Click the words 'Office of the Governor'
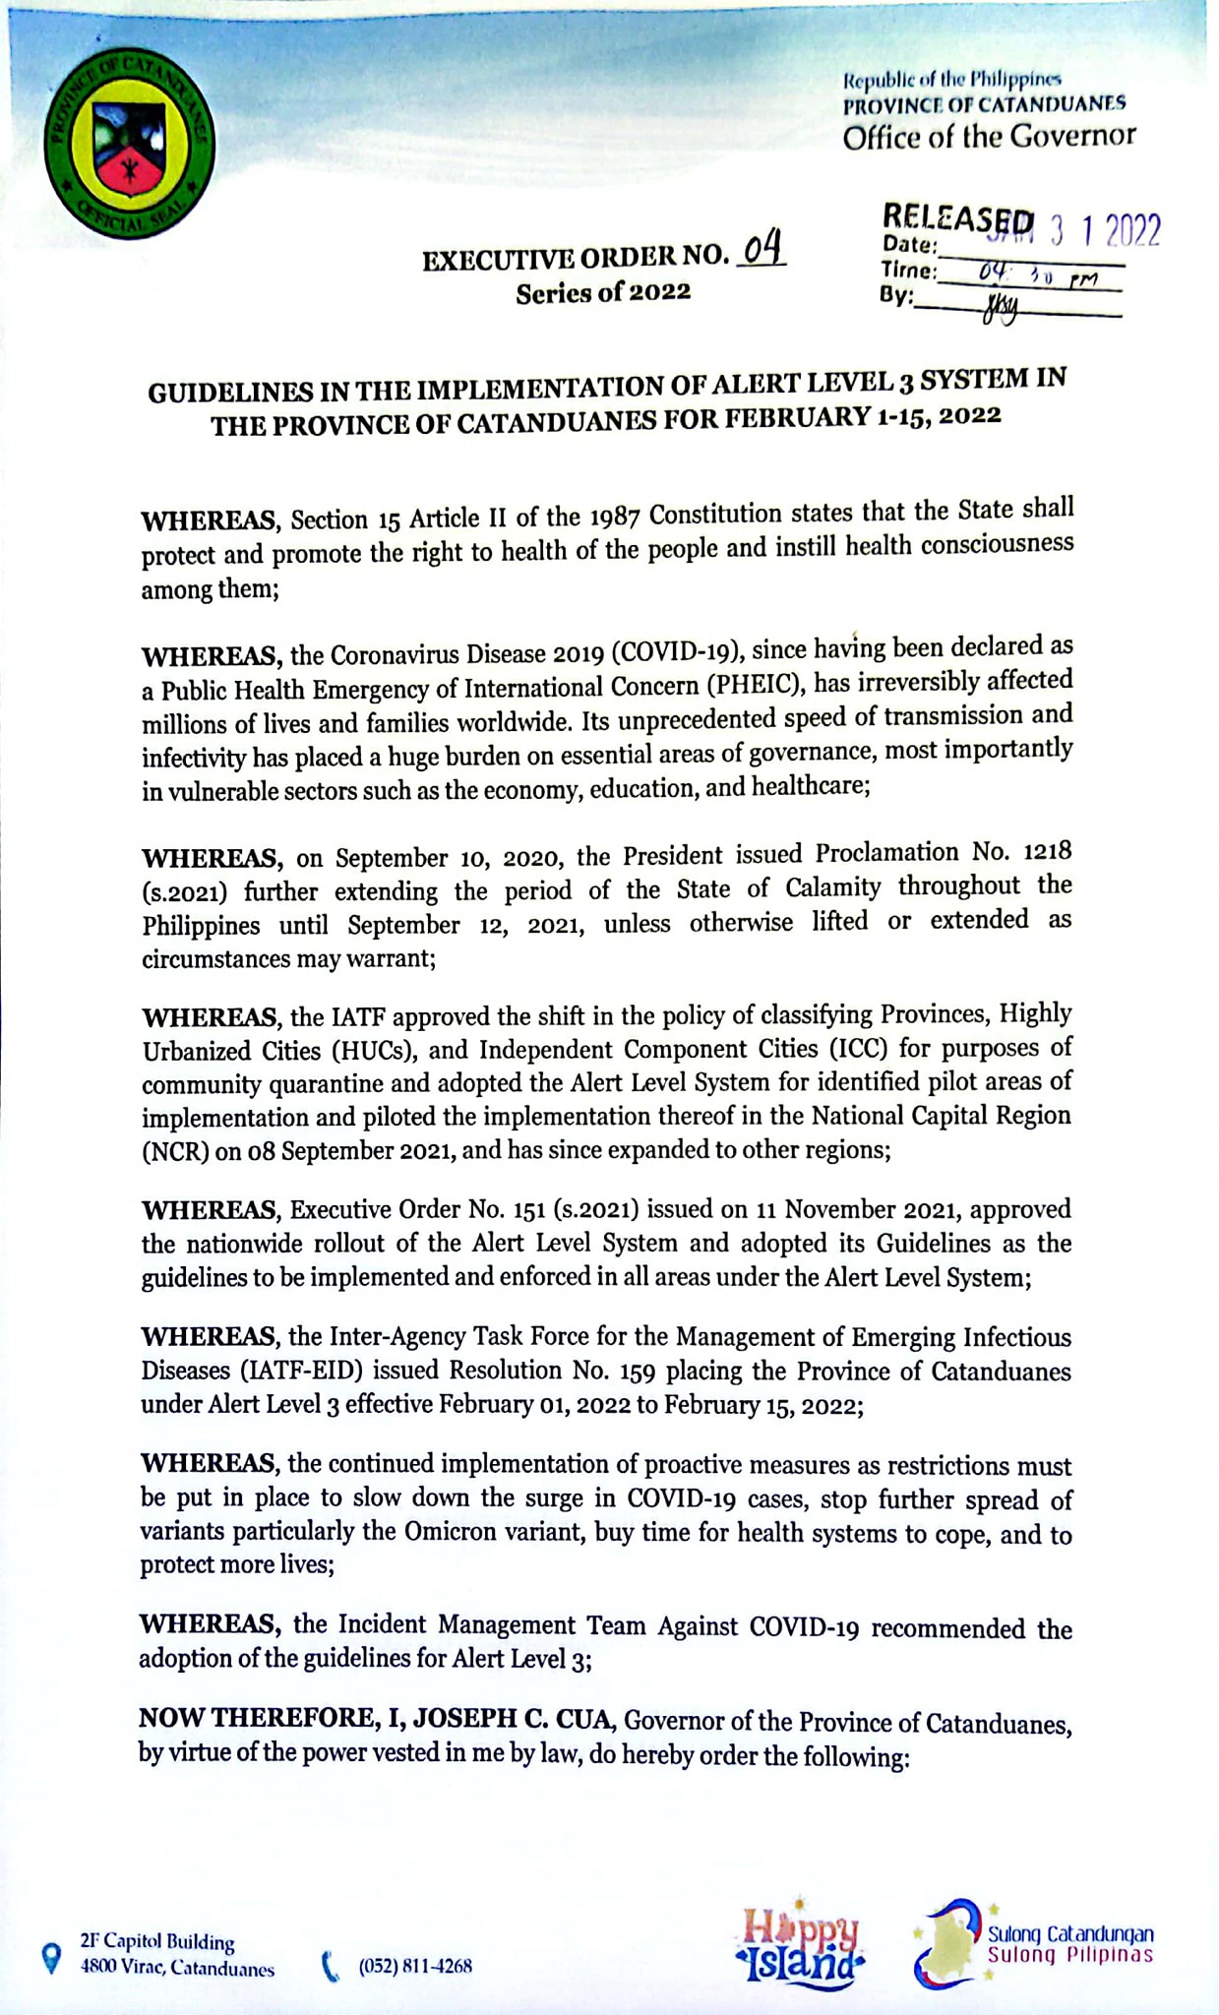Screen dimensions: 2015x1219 tap(989, 136)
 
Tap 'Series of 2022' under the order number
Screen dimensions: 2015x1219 tap(603, 292)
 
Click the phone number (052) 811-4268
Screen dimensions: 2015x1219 tap(415, 1966)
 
